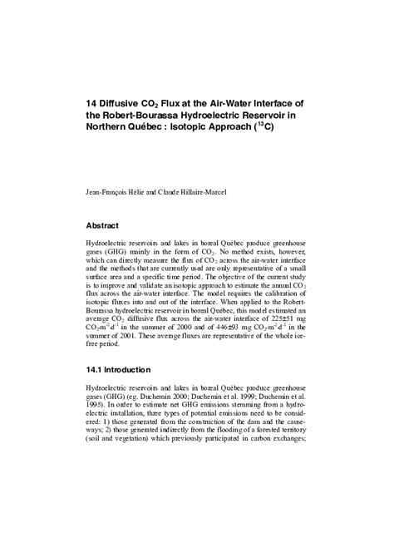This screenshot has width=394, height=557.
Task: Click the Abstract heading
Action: tap(103, 225)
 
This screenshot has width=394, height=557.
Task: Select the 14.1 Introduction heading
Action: tap(121, 369)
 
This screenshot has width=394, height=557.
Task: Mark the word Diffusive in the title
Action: tap(126, 103)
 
